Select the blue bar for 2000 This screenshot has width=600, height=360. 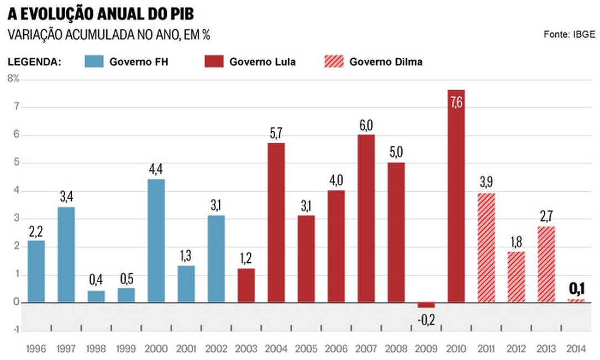156,241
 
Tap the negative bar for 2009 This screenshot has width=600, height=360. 426,305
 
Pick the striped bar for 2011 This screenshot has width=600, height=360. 486,248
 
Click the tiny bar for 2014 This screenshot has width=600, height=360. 576,301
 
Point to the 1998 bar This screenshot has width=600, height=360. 96,297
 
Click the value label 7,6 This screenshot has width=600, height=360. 456,103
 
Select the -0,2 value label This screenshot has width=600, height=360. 426,319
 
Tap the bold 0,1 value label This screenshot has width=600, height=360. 576,288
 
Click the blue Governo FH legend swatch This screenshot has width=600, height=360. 94,61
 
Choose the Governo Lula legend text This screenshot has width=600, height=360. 262,62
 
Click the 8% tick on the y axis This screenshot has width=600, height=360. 13,78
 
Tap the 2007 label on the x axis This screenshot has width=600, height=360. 366,350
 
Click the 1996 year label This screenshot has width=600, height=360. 36,350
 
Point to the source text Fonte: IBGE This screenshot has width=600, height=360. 569,34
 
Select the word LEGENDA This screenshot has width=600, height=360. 34,62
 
